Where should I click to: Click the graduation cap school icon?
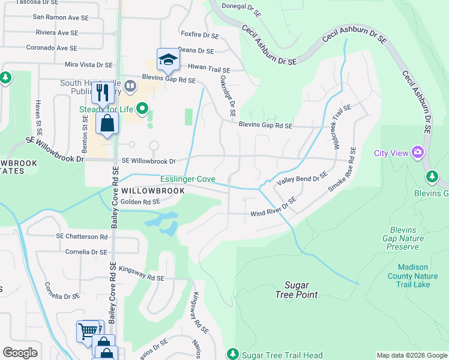click(x=168, y=59)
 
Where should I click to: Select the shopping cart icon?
click(x=88, y=331)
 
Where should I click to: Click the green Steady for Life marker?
click(x=142, y=109)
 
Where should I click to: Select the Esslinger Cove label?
click(x=187, y=179)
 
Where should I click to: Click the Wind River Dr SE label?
click(x=273, y=208)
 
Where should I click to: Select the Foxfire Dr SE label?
click(x=200, y=35)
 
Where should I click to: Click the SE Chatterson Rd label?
click(x=82, y=237)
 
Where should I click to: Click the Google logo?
click(x=20, y=353)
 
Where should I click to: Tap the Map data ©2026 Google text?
click(x=412, y=355)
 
